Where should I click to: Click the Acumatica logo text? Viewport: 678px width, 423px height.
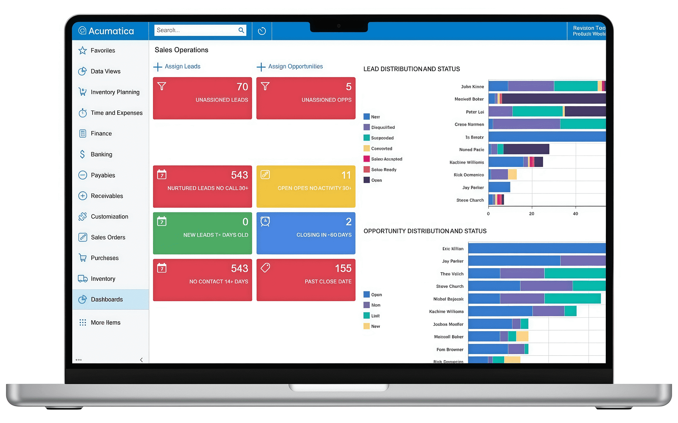(111, 31)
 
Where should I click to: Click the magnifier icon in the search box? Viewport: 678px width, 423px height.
(241, 30)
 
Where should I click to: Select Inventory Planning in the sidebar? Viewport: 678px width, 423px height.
(115, 92)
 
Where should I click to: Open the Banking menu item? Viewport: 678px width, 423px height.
(101, 154)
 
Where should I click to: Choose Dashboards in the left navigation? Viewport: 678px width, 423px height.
(107, 300)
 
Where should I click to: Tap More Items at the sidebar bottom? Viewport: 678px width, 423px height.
(105, 323)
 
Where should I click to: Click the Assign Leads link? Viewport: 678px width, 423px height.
(182, 67)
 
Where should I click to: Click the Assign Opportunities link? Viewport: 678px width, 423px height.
(295, 67)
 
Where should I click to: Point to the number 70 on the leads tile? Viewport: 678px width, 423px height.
(242, 87)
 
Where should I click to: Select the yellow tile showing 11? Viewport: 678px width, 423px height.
(305, 186)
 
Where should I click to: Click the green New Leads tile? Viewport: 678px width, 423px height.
(202, 233)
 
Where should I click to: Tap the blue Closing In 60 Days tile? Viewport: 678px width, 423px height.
(305, 233)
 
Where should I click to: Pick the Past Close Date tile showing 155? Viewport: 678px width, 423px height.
(305, 280)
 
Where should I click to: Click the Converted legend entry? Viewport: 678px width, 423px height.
(381, 149)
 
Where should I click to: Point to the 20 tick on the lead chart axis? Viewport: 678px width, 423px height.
(531, 214)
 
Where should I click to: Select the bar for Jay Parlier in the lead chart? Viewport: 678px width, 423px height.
(499, 187)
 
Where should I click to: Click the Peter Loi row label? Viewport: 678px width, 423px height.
(474, 112)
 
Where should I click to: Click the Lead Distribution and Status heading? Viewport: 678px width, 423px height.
(411, 69)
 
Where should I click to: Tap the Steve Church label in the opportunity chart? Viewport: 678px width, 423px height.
(449, 287)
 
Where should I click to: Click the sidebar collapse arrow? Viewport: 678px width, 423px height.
(141, 360)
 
